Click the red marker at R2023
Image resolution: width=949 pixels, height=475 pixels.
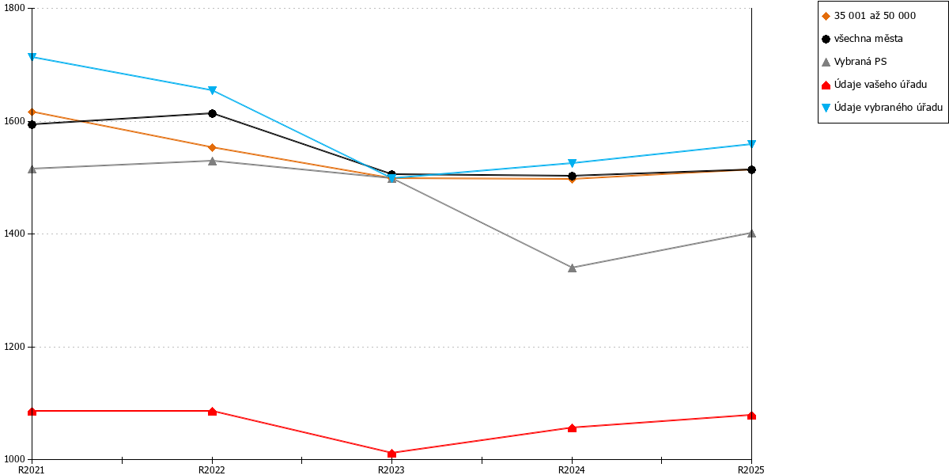click(x=392, y=454)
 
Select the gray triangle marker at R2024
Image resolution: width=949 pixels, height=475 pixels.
click(x=572, y=268)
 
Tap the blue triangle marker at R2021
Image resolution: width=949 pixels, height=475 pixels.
click(x=32, y=57)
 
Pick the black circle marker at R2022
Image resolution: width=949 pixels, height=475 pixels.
click(x=212, y=113)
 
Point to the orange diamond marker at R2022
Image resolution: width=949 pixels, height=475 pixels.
click(x=212, y=147)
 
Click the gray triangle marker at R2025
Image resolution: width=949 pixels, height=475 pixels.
click(x=751, y=234)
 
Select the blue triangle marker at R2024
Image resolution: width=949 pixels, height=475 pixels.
click(x=572, y=163)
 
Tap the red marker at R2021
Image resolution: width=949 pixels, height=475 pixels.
click(x=32, y=412)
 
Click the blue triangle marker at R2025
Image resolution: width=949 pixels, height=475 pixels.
click(x=751, y=144)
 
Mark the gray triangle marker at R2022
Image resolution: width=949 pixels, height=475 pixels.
click(x=212, y=161)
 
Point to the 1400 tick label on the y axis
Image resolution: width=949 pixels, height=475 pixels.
click(x=14, y=234)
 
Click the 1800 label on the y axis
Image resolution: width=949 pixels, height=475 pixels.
click(x=14, y=8)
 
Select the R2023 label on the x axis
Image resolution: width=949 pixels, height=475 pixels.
click(x=391, y=469)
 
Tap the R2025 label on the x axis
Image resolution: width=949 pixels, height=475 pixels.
click(x=751, y=469)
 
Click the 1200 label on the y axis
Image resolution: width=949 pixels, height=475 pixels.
click(x=14, y=347)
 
